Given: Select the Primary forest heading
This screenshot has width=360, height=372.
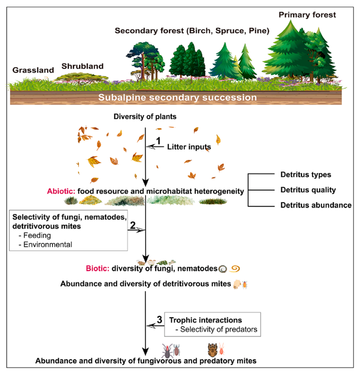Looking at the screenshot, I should (307, 14).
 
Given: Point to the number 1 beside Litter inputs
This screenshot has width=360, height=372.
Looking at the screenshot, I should (158, 140).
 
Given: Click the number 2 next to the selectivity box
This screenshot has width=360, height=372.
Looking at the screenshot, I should (133, 224).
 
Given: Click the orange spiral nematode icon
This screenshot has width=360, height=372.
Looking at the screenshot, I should (236, 268).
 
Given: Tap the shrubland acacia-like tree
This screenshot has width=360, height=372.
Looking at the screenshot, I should (82, 76).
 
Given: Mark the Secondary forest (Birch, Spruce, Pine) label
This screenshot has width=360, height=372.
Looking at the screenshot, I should (192, 31).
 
